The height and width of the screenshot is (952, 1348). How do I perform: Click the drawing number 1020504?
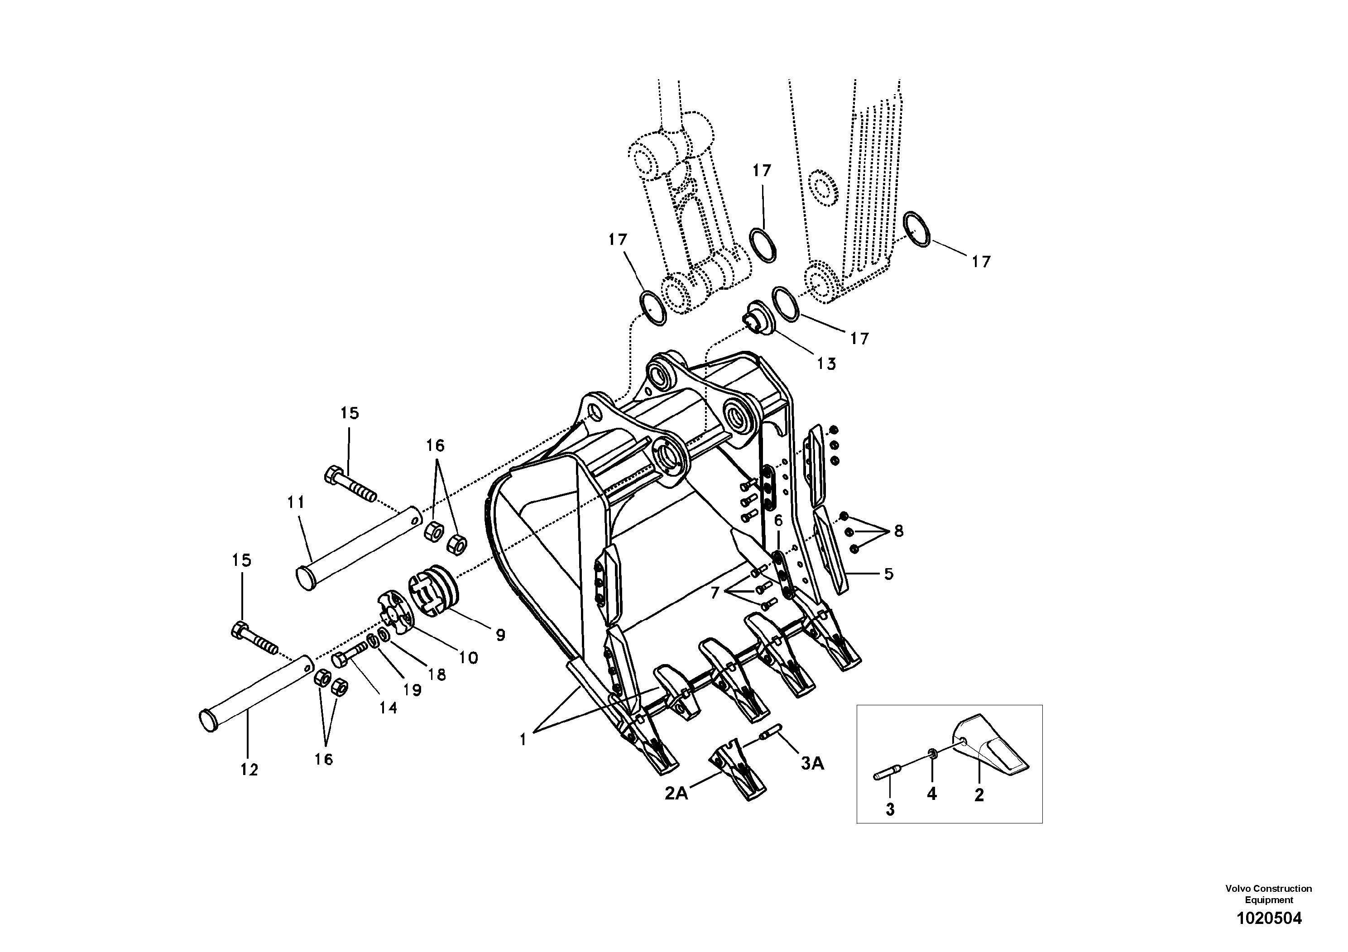(1269, 918)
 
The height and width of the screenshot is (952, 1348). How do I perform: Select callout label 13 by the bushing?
(826, 364)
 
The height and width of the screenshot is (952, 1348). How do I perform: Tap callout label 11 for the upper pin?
(296, 502)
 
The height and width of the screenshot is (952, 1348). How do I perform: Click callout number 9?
(500, 635)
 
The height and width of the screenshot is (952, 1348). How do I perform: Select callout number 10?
(468, 658)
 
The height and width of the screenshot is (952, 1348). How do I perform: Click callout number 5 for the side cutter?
(889, 574)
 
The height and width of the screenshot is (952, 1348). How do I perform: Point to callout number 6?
(778, 521)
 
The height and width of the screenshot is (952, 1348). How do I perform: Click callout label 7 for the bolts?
(715, 593)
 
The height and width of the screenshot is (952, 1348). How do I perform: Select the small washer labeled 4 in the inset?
(932, 754)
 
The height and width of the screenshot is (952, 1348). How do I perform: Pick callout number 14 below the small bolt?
(388, 708)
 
